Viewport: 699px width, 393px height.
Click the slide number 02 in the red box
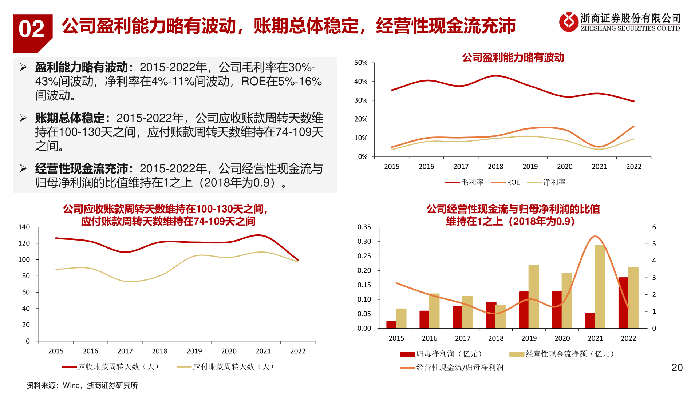(32, 29)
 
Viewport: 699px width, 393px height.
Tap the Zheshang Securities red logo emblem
(568, 22)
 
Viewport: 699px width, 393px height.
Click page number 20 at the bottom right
(677, 368)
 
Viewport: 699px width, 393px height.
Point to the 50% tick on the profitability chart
(361, 63)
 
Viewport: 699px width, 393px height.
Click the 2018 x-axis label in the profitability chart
(495, 167)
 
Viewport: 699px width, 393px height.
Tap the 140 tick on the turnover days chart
(24, 227)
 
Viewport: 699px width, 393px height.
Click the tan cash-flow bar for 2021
(600, 287)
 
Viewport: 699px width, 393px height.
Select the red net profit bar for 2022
(623, 303)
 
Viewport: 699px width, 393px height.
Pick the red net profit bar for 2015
(391, 325)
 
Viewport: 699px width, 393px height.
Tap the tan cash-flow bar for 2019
(534, 297)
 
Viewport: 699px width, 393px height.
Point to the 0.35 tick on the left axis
(364, 227)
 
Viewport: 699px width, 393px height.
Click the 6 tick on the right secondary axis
(654, 227)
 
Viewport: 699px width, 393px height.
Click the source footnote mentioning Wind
(82, 385)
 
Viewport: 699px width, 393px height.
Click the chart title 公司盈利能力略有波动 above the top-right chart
(513, 57)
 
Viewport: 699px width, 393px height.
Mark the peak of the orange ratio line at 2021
(595, 236)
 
